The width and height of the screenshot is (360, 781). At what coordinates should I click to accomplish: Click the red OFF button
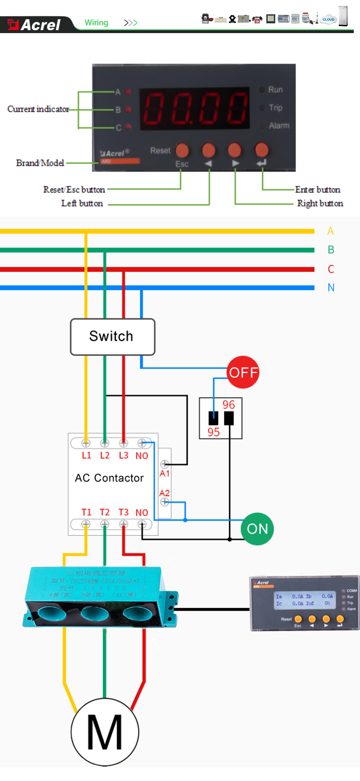[x=243, y=372]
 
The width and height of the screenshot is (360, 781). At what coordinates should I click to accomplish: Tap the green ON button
[x=257, y=529]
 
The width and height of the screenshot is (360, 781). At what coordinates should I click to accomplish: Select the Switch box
[x=113, y=337]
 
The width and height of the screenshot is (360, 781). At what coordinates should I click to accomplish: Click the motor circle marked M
[x=105, y=732]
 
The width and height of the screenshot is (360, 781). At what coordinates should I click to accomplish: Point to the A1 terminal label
[x=165, y=473]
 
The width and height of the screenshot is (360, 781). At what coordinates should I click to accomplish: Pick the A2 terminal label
[x=165, y=493]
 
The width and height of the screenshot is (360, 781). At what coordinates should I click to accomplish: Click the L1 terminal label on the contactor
[x=86, y=455]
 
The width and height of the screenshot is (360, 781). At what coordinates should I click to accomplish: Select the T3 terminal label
[x=123, y=512]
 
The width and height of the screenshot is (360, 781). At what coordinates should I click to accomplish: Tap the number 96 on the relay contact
[x=229, y=405]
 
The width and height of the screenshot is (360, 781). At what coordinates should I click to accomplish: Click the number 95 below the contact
[x=214, y=432]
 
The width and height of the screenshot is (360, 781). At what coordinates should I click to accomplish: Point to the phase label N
[x=331, y=288]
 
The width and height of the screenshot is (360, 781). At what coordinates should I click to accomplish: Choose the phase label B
[x=331, y=250]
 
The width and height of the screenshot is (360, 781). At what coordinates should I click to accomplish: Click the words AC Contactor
[x=109, y=478]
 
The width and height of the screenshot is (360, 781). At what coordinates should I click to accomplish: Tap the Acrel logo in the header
[x=35, y=24]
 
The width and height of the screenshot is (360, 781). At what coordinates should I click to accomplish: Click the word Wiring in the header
[x=96, y=23]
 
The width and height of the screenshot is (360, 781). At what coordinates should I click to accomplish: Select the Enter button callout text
[x=318, y=189]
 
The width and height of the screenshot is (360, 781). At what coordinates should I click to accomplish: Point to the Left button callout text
[x=82, y=203]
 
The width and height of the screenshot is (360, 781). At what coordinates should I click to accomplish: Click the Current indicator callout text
[x=38, y=109]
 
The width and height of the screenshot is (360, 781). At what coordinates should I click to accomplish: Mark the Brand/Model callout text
[x=40, y=163]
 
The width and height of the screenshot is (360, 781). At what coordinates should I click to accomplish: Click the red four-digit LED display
[x=195, y=108]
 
